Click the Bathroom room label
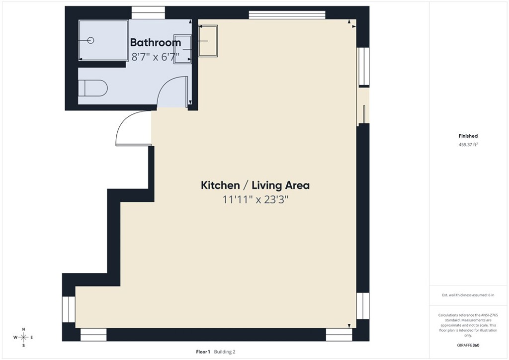(x=155, y=42)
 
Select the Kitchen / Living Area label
(x=255, y=185)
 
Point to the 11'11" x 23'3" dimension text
(x=255, y=200)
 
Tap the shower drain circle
(x=90, y=40)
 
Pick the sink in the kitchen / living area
(x=208, y=40)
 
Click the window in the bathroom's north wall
(x=148, y=13)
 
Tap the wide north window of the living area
(x=287, y=14)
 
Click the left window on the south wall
(x=93, y=335)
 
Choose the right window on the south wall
(x=339, y=335)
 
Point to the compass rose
(x=23, y=337)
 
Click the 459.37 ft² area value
(x=468, y=145)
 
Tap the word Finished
(x=468, y=136)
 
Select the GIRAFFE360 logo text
(x=468, y=345)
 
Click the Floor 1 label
(x=203, y=352)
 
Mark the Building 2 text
(x=225, y=352)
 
